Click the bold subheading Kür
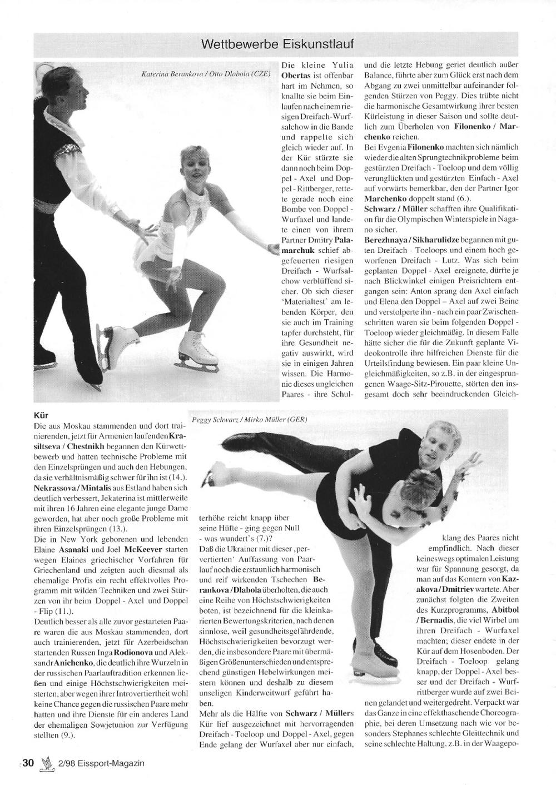tap(41, 415)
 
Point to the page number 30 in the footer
tap(28, 763)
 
